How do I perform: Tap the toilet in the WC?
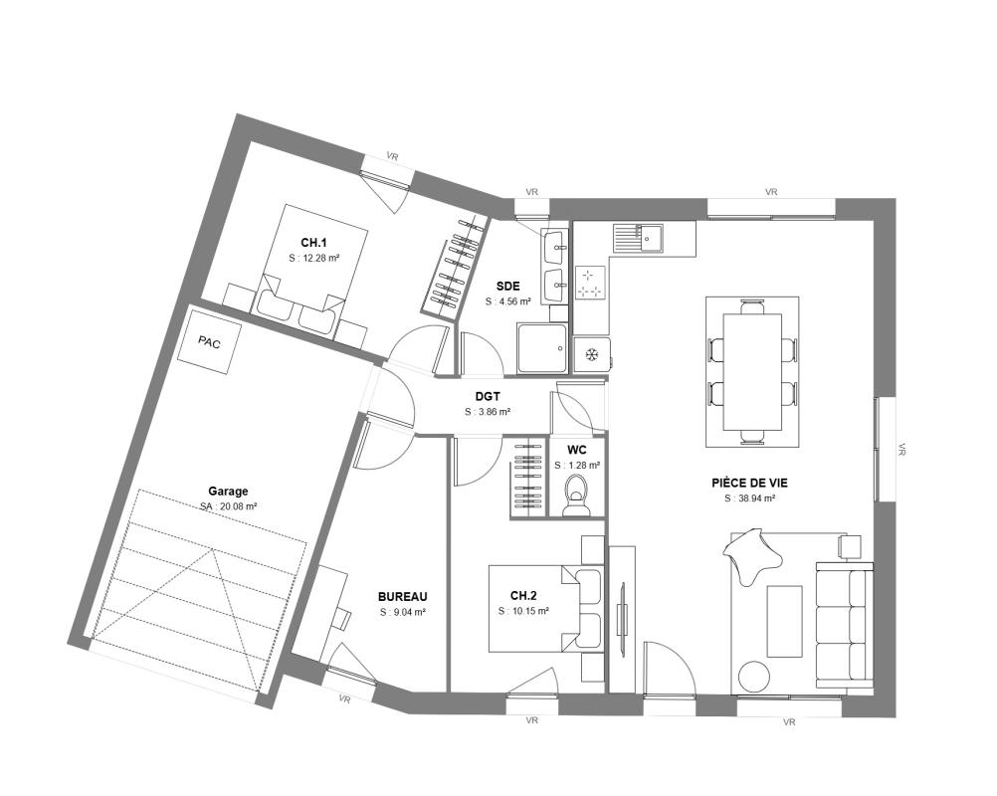tap(576, 496)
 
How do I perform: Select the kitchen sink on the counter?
tap(638, 239)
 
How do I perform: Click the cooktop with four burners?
tap(589, 283)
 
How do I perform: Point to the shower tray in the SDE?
tap(542, 348)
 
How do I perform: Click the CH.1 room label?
tap(313, 242)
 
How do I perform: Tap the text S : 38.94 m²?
tap(749, 498)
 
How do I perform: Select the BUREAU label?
tap(403, 597)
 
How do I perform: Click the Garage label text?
tap(228, 491)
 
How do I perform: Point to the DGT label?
tap(488, 397)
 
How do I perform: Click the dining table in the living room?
tap(752, 372)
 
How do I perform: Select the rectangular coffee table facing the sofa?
tap(785, 621)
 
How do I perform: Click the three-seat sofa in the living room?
tap(844, 624)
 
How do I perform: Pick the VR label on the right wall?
tap(901, 450)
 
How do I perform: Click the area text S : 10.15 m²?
tap(524, 611)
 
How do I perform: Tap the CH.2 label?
tap(524, 596)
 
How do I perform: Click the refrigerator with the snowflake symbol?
tap(592, 354)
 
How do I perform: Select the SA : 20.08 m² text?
tap(228, 506)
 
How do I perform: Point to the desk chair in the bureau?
tap(342, 618)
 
